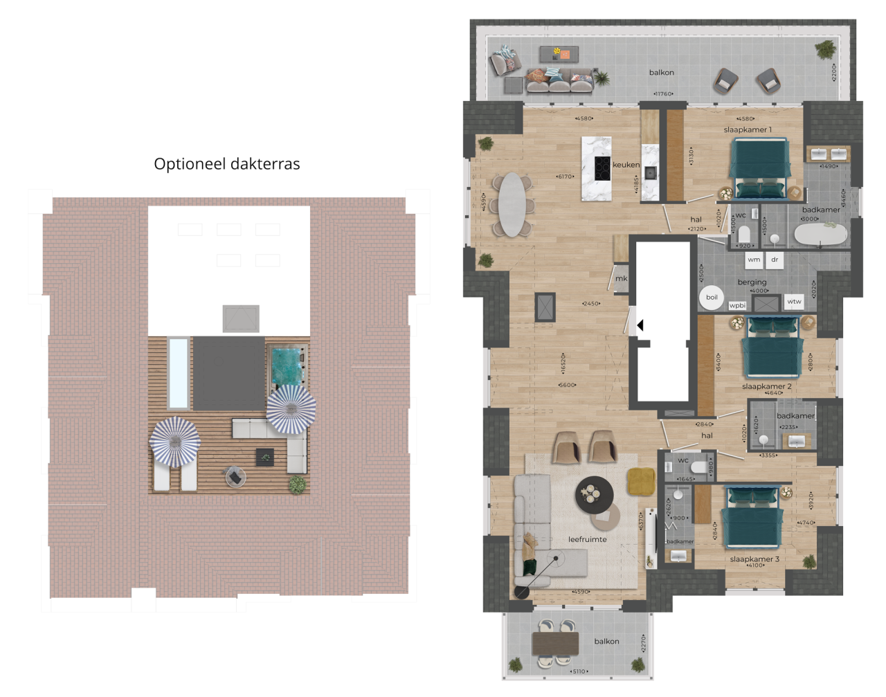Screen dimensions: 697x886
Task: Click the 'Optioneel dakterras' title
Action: (226, 164)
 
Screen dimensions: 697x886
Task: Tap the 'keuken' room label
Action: (626, 165)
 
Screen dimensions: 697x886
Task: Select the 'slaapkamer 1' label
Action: (748, 129)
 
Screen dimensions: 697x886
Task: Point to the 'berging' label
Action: (752, 282)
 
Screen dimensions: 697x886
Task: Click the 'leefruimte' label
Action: (587, 539)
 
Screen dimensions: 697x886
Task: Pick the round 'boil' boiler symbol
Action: (712, 298)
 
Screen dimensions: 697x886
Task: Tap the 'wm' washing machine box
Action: (754, 260)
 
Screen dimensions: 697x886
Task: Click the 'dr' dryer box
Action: (775, 260)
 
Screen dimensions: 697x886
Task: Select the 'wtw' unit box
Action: (794, 301)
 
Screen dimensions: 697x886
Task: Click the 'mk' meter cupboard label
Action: (621, 278)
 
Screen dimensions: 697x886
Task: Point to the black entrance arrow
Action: (640, 325)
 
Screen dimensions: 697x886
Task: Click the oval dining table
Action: (512, 203)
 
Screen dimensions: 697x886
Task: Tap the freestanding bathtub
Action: (820, 234)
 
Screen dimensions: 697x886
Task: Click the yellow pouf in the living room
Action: (641, 482)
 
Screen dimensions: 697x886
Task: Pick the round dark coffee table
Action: (594, 495)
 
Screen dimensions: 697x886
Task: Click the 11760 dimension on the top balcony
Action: (662, 93)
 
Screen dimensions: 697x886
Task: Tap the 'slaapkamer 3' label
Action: (754, 559)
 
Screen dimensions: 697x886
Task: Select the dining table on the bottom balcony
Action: (555, 644)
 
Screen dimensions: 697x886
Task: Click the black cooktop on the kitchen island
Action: (602, 166)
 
